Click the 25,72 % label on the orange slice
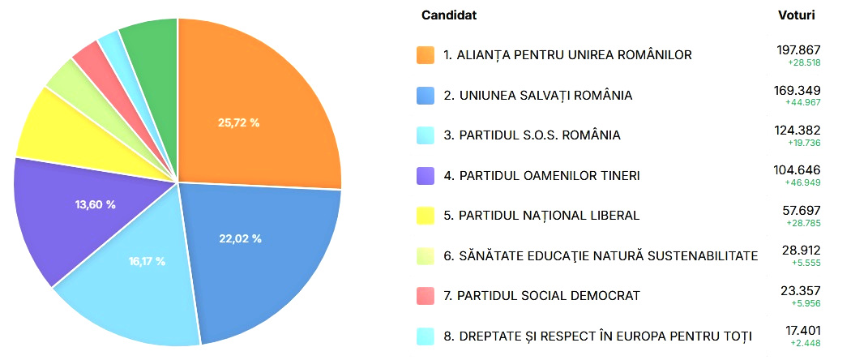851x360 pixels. [239, 122]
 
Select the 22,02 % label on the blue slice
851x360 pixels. [241, 238]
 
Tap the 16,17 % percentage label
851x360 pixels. [147, 261]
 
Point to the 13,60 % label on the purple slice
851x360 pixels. [95, 204]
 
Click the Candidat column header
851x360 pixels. [449, 15]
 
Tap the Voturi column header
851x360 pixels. [796, 15]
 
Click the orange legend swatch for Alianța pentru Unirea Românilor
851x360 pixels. [425, 55]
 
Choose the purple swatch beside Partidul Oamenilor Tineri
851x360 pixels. [425, 175]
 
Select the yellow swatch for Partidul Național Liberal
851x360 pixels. [425, 216]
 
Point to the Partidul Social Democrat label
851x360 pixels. [549, 296]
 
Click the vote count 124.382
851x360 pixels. [798, 131]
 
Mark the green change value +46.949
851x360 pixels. [802, 183]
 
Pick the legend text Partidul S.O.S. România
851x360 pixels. [540, 135]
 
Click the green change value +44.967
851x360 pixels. [802, 103]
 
